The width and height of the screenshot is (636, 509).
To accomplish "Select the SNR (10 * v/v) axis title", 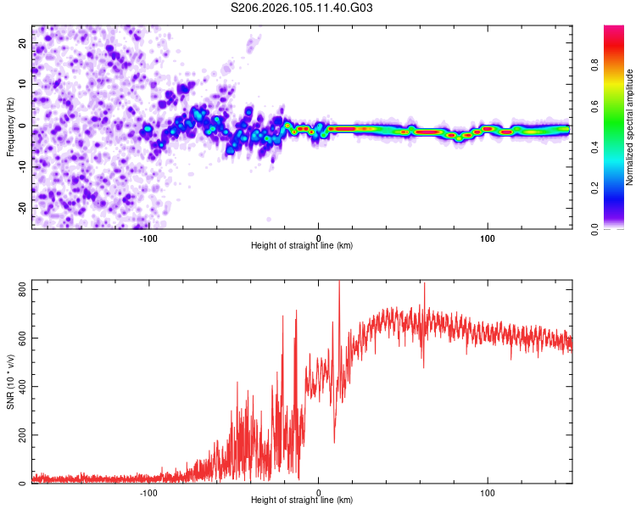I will [10, 381].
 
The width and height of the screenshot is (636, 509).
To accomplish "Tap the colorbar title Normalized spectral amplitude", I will [629, 127].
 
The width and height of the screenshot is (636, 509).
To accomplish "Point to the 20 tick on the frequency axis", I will [22, 42].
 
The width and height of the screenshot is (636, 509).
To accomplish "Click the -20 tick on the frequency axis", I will [20, 208].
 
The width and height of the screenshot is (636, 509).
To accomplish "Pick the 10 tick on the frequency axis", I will [22, 84].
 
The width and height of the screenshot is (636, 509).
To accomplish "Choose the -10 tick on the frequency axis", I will [20, 166].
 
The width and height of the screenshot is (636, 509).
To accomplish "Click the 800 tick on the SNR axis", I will [18, 290].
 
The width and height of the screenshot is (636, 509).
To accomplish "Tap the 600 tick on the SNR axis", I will [18, 338].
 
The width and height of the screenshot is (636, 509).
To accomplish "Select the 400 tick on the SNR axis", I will [18, 387].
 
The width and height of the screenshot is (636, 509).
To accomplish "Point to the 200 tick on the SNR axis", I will [18, 435].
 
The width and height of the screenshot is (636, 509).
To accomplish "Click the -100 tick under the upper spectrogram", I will [148, 238].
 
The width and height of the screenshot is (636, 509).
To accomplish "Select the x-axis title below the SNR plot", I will [302, 501].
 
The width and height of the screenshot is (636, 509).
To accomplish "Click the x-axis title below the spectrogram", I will [302, 246].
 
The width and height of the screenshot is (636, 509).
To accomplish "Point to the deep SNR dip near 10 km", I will [334, 441].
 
